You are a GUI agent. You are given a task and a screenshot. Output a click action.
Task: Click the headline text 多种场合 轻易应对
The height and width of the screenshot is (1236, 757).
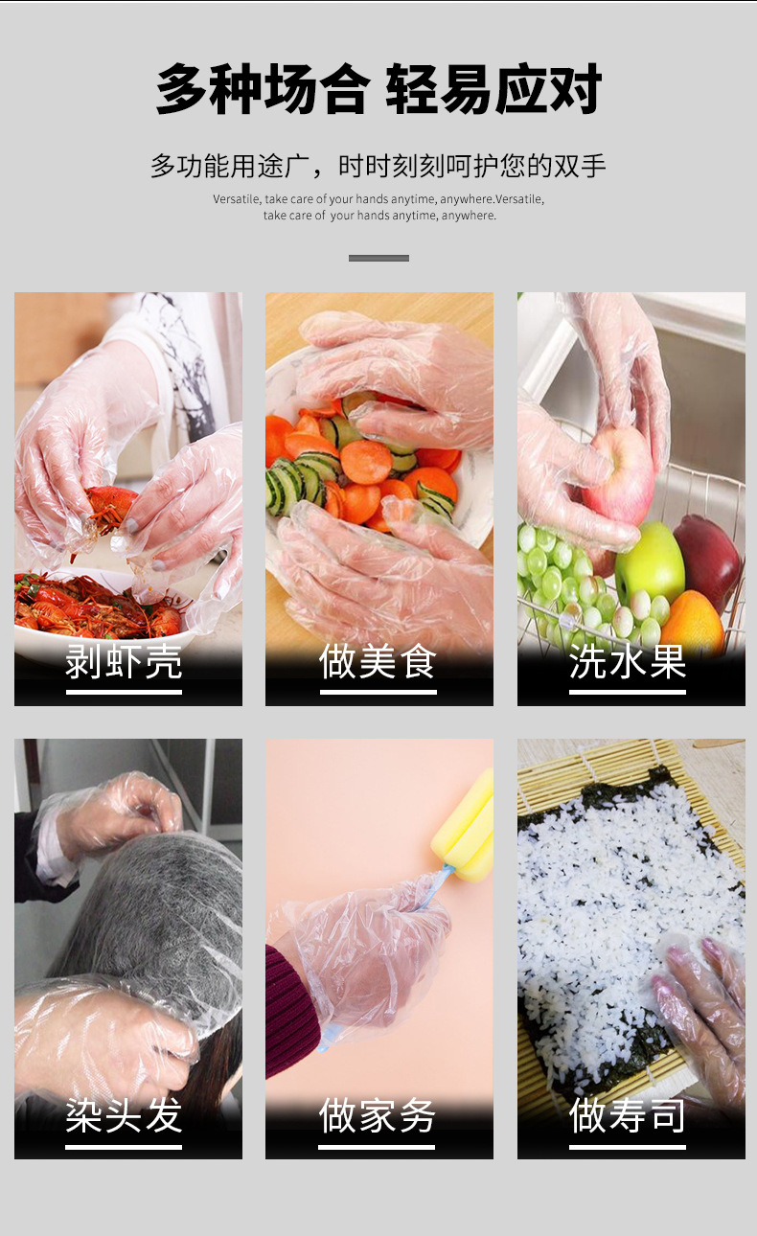pyautogui.click(x=378, y=90)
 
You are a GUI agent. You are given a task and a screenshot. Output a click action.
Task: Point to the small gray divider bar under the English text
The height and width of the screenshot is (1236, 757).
pyautogui.click(x=378, y=258)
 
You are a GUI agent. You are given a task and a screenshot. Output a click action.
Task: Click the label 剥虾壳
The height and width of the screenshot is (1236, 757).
pyautogui.click(x=124, y=662)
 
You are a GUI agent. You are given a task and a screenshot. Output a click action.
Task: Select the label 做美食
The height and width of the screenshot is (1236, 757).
pyautogui.click(x=378, y=662)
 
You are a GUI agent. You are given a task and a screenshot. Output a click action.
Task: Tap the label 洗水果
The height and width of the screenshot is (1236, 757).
pyautogui.click(x=628, y=662)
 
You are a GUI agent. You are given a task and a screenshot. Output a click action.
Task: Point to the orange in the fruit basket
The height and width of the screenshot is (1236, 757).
pyautogui.click(x=692, y=623)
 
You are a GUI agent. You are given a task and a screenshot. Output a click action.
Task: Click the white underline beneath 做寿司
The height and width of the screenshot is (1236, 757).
pyautogui.click(x=628, y=1146)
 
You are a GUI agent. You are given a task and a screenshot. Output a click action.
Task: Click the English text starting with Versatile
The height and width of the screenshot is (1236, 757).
pyautogui.click(x=378, y=207)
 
